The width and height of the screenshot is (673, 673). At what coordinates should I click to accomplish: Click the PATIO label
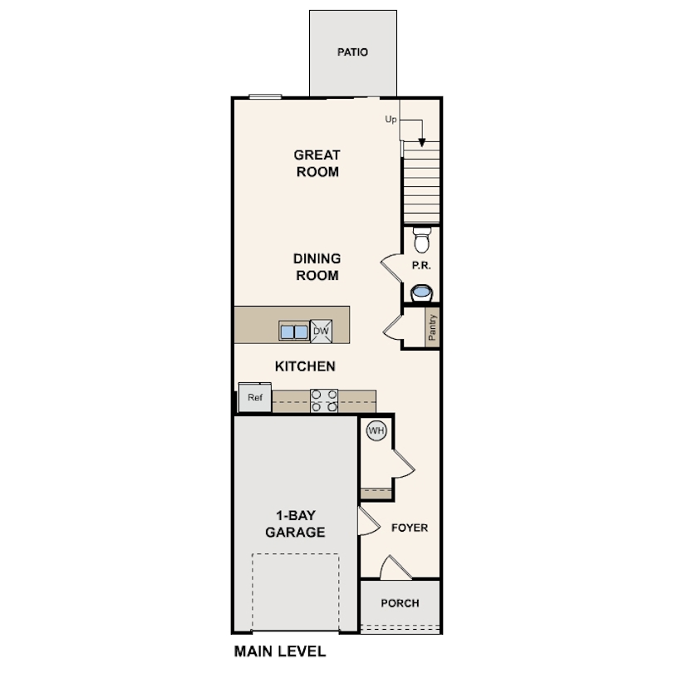(x=352, y=52)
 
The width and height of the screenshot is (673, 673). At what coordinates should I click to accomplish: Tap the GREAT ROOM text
(x=317, y=163)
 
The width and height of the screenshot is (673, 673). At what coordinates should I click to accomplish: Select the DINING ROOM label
(x=317, y=267)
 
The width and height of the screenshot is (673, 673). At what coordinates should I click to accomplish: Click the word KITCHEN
(x=305, y=366)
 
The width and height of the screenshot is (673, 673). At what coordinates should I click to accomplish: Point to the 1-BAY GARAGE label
(x=295, y=523)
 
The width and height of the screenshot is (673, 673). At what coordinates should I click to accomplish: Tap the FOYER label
(x=410, y=528)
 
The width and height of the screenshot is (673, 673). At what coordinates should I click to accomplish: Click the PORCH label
(x=400, y=603)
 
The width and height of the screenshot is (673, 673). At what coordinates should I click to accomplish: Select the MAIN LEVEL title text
(x=280, y=651)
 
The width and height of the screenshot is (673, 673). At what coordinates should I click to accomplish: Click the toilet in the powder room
(x=422, y=240)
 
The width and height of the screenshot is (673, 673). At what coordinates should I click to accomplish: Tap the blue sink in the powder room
(x=421, y=292)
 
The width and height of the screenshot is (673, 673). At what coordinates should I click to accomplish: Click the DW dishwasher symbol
(x=321, y=331)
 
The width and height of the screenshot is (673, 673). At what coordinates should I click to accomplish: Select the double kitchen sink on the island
(x=294, y=332)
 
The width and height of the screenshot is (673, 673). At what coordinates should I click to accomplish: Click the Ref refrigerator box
(x=255, y=397)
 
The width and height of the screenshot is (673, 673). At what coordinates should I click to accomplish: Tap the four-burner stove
(x=324, y=400)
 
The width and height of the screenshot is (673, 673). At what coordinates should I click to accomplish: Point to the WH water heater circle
(x=376, y=430)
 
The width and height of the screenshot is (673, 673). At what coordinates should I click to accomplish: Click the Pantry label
(x=432, y=327)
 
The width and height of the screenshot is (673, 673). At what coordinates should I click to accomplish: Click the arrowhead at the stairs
(x=422, y=143)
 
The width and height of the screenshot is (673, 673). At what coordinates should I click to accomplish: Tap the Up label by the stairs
(x=391, y=120)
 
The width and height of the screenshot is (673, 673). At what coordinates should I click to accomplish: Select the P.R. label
(x=421, y=266)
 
